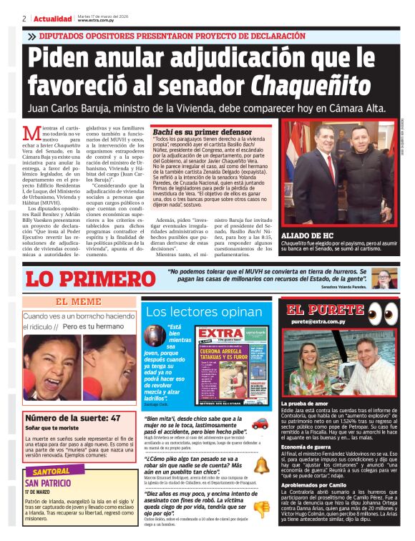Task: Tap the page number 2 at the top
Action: (24, 19)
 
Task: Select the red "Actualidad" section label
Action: (53, 19)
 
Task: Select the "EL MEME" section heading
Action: (79, 302)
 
